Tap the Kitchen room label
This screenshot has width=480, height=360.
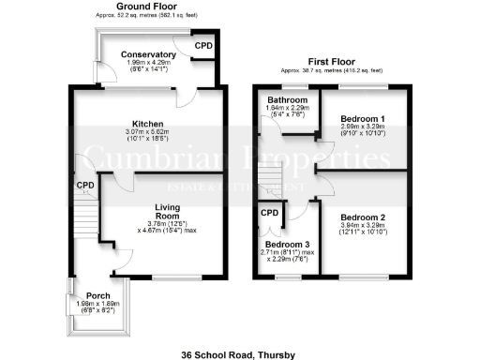point(148,124)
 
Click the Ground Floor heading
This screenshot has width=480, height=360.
point(149,7)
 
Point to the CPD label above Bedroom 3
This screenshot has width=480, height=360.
point(270,214)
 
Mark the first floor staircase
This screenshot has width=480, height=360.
point(270,178)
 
